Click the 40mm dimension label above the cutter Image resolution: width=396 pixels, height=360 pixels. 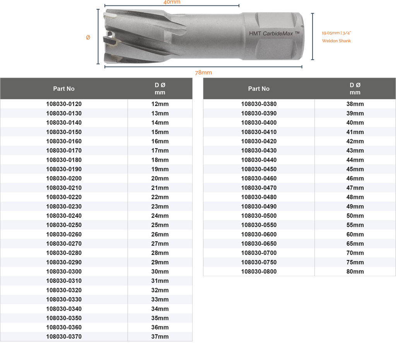pos(172,2)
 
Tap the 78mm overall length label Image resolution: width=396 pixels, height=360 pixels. pos(203,73)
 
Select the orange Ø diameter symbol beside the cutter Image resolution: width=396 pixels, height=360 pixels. pos(88,37)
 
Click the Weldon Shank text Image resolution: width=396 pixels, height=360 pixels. pos(336,41)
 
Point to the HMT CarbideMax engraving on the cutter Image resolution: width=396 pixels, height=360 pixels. pos(274,34)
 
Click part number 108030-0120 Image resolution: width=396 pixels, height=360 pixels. pos(64,104)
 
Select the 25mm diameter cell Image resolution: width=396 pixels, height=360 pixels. pos(160,225)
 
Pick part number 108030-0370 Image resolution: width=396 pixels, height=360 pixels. pos(64,336)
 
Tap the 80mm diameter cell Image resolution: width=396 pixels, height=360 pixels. pos(355,272)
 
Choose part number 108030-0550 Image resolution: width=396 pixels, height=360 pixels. pos(259,225)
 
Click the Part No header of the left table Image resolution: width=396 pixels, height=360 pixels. pos(64,89)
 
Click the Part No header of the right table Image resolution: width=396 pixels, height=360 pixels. pos(259,89)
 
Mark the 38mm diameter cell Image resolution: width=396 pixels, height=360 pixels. pos(355,104)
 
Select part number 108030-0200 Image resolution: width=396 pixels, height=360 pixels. pos(64,178)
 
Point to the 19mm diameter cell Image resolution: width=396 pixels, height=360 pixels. pos(160,169)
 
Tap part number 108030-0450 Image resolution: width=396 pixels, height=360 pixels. pos(259,169)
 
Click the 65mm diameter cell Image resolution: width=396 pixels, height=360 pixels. pos(355,244)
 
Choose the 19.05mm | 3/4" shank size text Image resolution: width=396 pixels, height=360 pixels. pos(336,33)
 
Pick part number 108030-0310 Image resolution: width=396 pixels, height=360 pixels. pos(64,281)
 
